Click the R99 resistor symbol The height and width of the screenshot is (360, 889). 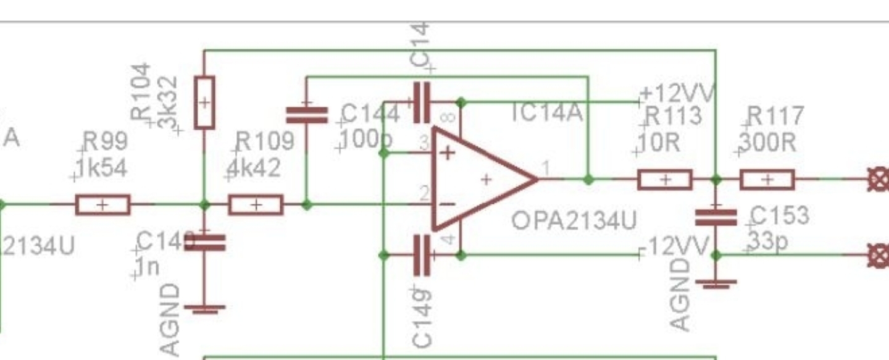(102, 204)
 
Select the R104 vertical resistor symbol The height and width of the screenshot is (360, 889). (204, 103)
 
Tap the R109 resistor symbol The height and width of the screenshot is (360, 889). (256, 204)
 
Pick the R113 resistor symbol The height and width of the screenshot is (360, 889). (665, 180)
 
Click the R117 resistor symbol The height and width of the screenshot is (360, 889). (767, 180)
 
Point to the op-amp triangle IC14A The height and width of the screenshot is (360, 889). (482, 179)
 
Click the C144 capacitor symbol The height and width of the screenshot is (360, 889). (307, 114)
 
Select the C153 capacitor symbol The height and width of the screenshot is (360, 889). (716, 217)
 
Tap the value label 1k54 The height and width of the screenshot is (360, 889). (102, 167)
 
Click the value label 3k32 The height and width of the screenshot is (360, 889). (168, 102)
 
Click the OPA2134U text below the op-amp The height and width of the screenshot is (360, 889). (574, 220)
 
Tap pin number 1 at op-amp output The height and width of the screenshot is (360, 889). (546, 168)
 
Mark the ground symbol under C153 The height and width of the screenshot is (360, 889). (716, 283)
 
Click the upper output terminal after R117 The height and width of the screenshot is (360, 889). (879, 180)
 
